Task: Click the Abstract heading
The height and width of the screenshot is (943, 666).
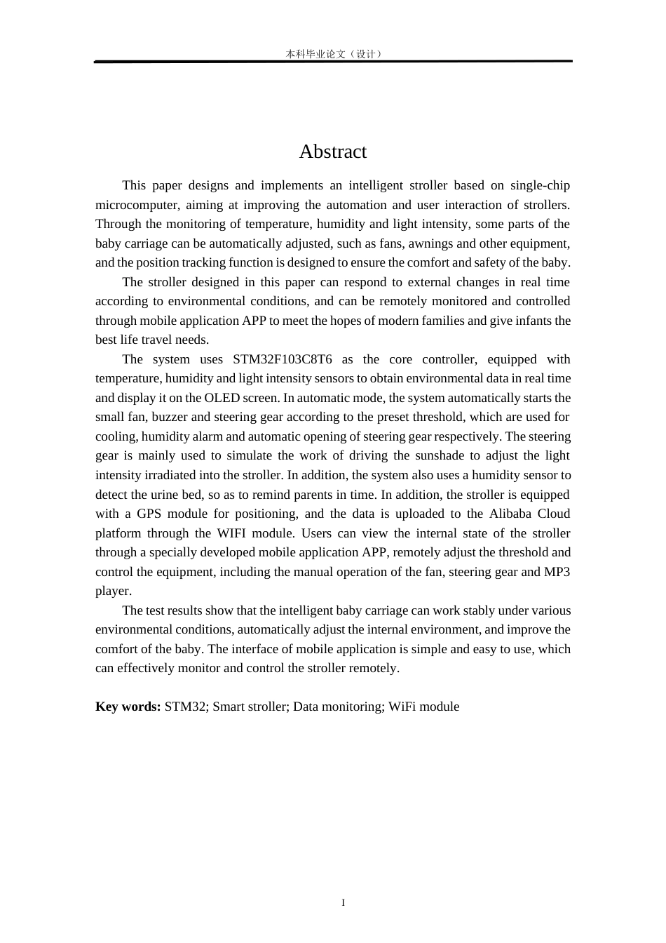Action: [332, 152]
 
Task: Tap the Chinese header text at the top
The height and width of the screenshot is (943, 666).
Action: [333, 54]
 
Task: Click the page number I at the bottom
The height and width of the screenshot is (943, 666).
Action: [343, 902]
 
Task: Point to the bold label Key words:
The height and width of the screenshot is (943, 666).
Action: [128, 707]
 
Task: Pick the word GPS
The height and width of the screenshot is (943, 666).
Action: [149, 514]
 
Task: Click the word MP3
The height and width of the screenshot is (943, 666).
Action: [557, 572]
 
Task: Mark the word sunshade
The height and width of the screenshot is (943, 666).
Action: [440, 455]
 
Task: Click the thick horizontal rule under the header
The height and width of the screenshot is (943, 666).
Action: [333, 62]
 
